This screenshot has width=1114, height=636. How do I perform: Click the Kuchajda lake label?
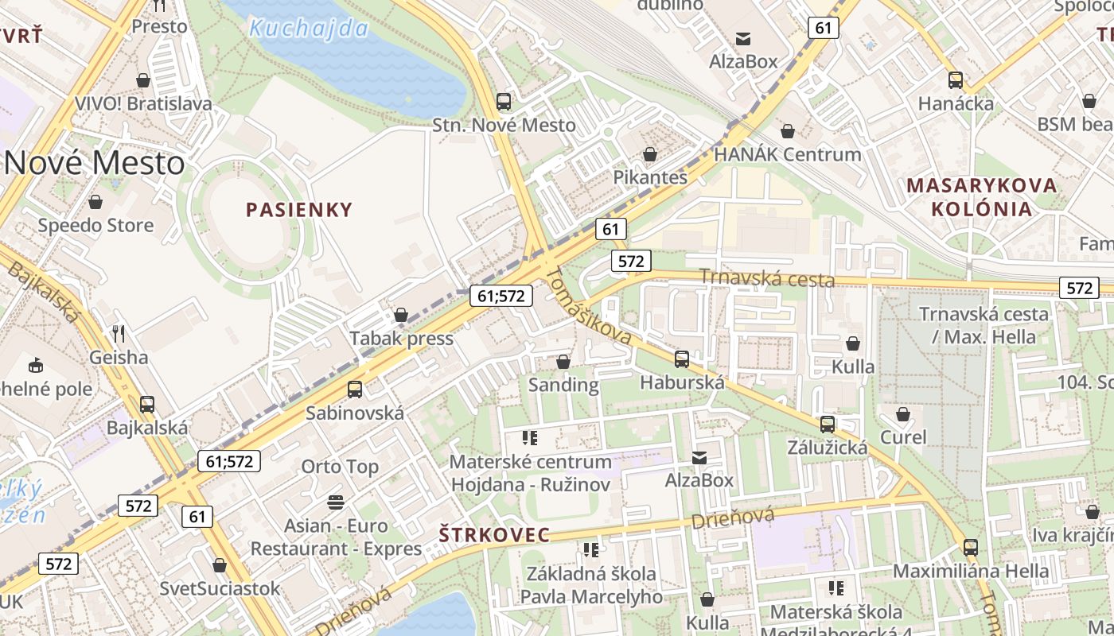[308, 29]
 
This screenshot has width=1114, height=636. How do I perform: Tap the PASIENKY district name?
[299, 210]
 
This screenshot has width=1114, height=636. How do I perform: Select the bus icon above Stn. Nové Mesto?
[504, 102]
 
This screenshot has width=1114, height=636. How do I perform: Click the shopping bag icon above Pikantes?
[650, 154]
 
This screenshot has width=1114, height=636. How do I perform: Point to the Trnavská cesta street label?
[767, 279]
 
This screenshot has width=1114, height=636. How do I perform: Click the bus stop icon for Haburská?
[682, 359]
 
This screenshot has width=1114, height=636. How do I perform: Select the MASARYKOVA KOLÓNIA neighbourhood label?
[982, 197]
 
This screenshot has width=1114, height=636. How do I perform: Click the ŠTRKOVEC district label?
[494, 535]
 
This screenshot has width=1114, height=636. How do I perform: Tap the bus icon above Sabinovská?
[355, 390]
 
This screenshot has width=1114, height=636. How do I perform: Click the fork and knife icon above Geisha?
[119, 333]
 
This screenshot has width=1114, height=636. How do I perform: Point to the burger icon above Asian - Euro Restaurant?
[336, 502]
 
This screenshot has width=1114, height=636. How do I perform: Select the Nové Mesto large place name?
[94, 163]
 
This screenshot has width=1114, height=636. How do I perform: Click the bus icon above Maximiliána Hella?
[970, 548]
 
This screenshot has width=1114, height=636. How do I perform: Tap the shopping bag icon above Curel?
[903, 414]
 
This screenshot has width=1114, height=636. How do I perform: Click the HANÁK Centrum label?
[788, 154]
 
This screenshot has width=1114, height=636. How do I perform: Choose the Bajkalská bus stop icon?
[147, 405]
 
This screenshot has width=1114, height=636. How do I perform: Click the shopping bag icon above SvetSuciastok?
[220, 565]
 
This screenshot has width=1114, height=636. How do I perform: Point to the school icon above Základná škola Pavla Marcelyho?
[590, 550]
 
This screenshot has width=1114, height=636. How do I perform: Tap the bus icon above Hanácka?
[956, 80]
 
